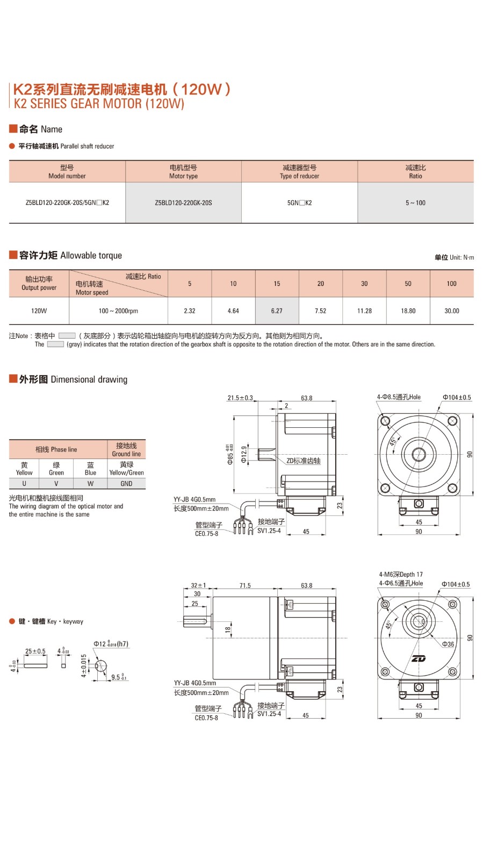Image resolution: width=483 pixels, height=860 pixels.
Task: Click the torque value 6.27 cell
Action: tap(277, 311)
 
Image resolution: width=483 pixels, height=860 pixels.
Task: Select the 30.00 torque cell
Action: tap(451, 311)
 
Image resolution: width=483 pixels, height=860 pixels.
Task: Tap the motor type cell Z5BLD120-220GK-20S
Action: tap(183, 203)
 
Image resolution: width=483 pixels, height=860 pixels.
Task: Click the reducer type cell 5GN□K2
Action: tap(299, 203)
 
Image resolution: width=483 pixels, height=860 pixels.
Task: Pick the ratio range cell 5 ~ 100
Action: tap(415, 203)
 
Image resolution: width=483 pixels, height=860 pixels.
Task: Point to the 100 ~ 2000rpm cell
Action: tap(118, 311)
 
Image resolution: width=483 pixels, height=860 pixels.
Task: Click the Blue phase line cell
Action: tap(90, 469)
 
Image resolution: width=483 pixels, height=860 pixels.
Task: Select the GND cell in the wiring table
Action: tap(126, 484)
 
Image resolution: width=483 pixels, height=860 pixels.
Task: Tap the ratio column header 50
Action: tap(408, 283)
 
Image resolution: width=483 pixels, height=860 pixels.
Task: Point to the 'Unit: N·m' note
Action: tap(454, 257)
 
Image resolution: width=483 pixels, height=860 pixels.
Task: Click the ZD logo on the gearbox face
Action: tap(419, 659)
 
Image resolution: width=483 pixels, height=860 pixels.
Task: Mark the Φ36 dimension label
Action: tap(448, 644)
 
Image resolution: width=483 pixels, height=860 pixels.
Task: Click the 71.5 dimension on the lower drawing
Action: tap(245, 585)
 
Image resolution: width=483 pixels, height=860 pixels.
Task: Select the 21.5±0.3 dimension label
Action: tap(240, 398)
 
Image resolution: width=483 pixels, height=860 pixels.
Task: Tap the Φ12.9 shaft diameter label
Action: tap(244, 454)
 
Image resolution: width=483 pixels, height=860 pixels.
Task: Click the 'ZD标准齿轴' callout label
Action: tap(303, 461)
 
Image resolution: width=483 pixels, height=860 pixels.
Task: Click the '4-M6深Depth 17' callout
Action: tap(401, 574)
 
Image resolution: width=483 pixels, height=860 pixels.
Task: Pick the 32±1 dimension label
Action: tap(198, 585)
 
